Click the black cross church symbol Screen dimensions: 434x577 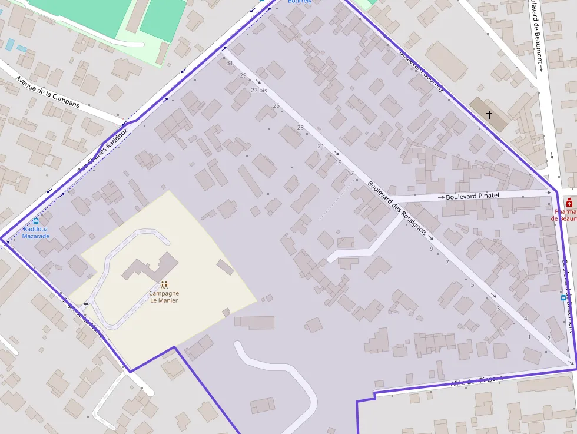489,114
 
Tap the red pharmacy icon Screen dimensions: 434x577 569,203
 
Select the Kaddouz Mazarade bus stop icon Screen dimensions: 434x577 36,221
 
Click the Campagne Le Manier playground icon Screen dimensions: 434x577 164,285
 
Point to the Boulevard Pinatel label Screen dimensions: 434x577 472,196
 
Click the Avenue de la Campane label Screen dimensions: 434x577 48,91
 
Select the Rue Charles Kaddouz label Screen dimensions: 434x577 102,151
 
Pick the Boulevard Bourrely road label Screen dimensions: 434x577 421,70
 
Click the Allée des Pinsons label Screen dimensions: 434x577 477,381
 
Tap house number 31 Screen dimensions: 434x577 230,63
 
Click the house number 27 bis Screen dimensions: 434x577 259,90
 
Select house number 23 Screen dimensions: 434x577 300,128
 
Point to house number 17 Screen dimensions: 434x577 351,173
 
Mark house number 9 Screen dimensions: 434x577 431,249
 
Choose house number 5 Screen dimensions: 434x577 472,285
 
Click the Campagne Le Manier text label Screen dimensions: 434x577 164,297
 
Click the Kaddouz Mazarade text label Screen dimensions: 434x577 35,233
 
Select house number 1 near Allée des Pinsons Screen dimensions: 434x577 529,337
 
